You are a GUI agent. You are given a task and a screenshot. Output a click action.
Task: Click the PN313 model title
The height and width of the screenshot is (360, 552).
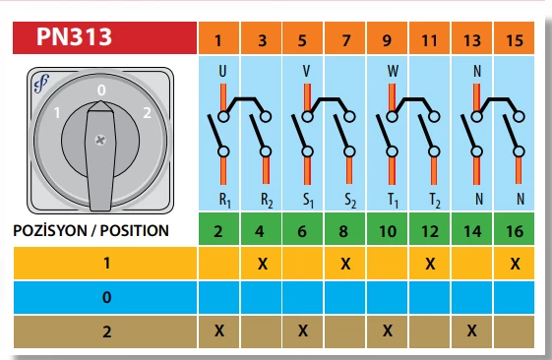74,36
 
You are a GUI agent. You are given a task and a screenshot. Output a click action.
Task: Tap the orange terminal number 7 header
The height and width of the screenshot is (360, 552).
345,38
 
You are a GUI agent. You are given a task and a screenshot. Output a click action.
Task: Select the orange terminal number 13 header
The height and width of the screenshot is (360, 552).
471,38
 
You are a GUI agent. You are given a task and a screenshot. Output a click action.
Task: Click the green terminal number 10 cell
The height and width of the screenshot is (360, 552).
388,229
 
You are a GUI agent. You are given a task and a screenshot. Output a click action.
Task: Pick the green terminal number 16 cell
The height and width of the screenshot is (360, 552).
514,229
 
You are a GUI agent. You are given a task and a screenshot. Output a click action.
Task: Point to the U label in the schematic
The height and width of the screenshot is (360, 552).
222,71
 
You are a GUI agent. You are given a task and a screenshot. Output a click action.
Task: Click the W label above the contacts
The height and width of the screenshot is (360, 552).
393,71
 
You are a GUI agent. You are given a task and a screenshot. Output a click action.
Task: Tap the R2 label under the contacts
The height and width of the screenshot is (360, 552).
267,201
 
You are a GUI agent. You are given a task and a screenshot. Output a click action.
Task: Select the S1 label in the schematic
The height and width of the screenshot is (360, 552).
308,201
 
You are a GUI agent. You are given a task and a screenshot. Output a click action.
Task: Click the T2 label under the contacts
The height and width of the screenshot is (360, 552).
435,201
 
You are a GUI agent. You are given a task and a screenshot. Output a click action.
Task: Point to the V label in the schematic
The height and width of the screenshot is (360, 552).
306,71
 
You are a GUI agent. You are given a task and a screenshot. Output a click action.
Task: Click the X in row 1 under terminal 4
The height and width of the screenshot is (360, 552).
263,264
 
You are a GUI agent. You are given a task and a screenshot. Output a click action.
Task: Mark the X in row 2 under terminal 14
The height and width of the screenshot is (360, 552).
471,330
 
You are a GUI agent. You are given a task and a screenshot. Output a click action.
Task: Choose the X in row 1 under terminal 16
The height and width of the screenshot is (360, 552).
515,264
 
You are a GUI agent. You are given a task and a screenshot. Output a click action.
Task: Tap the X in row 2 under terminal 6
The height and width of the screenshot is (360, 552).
303,330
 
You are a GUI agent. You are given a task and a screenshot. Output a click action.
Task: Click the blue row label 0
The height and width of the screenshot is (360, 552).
106,298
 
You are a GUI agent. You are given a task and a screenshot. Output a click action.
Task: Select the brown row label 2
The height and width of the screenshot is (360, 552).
106,331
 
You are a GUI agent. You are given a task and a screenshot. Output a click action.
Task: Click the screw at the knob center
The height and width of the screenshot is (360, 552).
100,141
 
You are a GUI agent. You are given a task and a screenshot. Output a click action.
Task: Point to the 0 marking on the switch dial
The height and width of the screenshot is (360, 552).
101,90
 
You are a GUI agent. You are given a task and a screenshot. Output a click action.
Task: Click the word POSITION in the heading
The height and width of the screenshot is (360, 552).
135,231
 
